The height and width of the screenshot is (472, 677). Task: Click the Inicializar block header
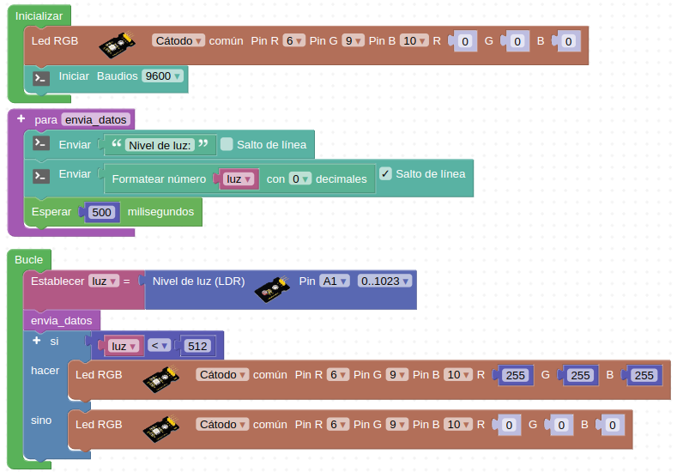point(39,16)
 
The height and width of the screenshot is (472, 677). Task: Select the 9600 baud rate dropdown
point(163,76)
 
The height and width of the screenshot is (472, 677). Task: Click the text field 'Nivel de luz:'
point(160,145)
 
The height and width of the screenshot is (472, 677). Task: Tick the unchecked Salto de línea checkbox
point(227,144)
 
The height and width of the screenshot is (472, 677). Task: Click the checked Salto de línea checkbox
point(385,173)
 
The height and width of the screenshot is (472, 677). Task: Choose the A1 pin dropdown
point(335,281)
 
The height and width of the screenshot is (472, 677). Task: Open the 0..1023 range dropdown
point(384,281)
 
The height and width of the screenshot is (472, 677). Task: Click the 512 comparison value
point(197,346)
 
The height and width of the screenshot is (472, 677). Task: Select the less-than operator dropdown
point(159,346)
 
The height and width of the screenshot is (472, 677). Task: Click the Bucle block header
point(29,259)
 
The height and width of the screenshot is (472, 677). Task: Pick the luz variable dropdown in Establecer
point(103,281)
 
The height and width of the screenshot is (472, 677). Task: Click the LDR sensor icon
point(273,291)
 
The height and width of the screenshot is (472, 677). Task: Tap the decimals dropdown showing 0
point(299,179)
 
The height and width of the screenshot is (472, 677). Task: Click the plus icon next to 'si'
point(36,341)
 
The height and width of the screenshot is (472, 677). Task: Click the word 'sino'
point(41,421)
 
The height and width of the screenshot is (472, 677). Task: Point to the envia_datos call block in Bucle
point(61,320)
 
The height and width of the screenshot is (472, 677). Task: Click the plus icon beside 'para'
point(21,118)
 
